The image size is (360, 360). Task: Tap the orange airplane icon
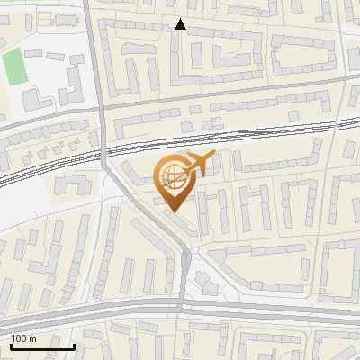[x=199, y=164]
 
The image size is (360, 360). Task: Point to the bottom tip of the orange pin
[x=172, y=211]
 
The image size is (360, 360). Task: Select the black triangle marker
[x=180, y=25]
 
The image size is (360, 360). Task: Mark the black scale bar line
[x=42, y=346]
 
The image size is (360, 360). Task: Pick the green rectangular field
[x=13, y=66]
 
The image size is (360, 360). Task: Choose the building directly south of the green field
[x=36, y=97]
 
